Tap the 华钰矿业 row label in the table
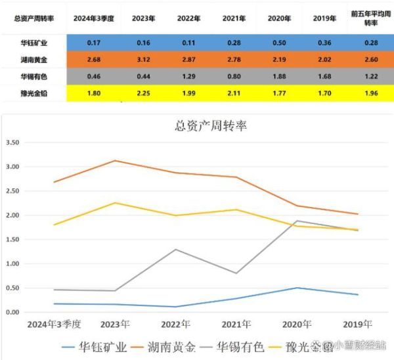pyautogui.click(x=33, y=44)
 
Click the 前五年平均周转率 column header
pyautogui.click(x=370, y=20)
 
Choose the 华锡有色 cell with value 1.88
pyautogui.click(x=280, y=76)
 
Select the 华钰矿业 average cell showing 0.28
pyautogui.click(x=370, y=44)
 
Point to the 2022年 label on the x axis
pyautogui.click(x=176, y=325)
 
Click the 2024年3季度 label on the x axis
pyautogui.click(x=56, y=325)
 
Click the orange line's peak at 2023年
pyautogui.click(x=116, y=160)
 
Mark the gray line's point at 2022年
pyautogui.click(x=177, y=250)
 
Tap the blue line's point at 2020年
pyautogui.click(x=297, y=288)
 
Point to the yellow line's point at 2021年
pyautogui.click(x=237, y=210)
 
